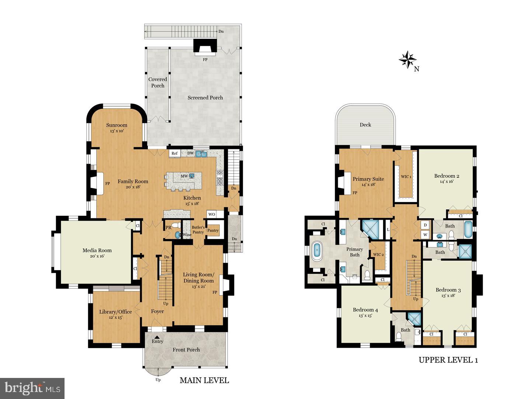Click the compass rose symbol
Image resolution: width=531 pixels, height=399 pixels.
[407, 59]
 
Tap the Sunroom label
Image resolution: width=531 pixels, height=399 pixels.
[117, 125]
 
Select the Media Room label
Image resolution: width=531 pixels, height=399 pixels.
[97, 250]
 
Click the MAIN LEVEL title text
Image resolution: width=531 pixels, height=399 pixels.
[204, 380]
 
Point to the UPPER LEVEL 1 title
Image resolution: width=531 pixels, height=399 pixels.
[448, 360]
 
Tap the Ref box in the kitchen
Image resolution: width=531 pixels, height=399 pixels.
[174, 153]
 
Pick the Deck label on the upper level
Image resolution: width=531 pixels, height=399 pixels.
[365, 125]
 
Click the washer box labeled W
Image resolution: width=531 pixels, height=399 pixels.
[425, 234]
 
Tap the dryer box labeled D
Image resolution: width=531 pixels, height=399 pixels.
[425, 225]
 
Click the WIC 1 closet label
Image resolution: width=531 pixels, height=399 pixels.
[406, 177]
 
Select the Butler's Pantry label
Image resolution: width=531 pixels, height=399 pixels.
[198, 230]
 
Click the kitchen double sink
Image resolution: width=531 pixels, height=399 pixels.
[201, 154]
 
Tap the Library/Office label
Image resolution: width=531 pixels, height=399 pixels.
[115, 312]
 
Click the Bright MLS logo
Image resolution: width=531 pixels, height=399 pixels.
[32, 388]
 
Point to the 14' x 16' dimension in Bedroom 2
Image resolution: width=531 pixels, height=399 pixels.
[446, 181]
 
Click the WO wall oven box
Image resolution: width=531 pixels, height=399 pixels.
[212, 214]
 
